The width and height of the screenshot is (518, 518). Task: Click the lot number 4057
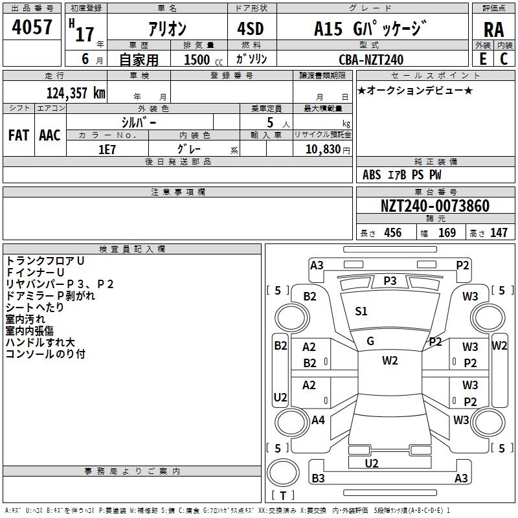pos(32,27)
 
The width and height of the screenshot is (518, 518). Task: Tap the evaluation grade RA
pos(494,30)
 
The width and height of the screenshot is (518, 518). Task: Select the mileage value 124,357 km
pos(76,93)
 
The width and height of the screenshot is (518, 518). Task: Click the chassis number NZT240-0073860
pos(435,205)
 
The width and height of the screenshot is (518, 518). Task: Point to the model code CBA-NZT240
pos(371,60)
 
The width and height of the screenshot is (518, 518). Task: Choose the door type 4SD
pos(251,28)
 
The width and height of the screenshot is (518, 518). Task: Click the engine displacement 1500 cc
pos(203,60)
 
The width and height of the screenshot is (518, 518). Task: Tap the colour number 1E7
pos(107,150)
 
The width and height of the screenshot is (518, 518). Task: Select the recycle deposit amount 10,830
pos(323,150)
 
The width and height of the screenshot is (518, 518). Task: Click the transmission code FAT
pos(19,135)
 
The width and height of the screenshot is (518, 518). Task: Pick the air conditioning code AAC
pos(50,135)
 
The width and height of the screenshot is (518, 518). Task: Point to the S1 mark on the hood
pos(361,311)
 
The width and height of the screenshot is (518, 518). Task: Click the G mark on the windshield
pos(370,341)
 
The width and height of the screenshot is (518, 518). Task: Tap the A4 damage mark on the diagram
pos(318,420)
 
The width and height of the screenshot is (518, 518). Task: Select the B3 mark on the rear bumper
pos(318,478)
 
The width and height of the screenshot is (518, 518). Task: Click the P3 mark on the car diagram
pos(390,281)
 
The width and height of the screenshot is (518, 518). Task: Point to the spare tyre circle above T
pos(283,473)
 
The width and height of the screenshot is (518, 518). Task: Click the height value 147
pos(499,232)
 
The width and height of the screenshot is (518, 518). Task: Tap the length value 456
pos(393,232)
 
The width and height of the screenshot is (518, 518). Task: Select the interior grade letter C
pos(504,59)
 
